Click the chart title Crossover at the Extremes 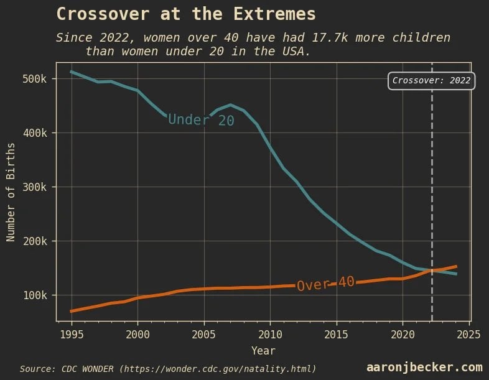[x=186, y=14]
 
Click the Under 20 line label [x=201, y=119]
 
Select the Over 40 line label [x=325, y=284]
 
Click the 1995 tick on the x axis [x=72, y=333]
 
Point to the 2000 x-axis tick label [x=137, y=333]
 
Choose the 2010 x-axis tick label [x=270, y=333]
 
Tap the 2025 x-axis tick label [x=468, y=333]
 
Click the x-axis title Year [x=263, y=351]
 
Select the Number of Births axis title [x=11, y=192]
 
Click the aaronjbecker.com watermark [x=424, y=368]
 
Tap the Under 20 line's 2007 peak [x=230, y=105]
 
